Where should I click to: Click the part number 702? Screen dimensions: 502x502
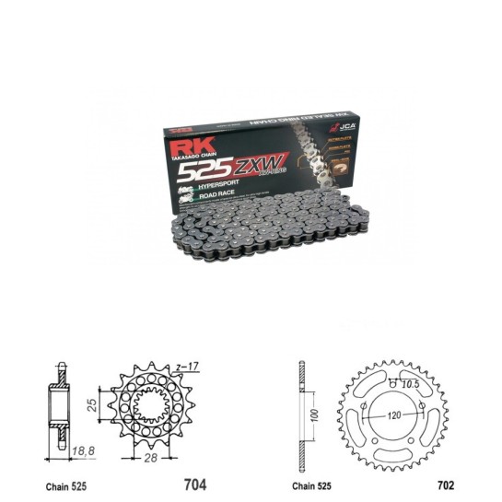coord(449,484)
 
